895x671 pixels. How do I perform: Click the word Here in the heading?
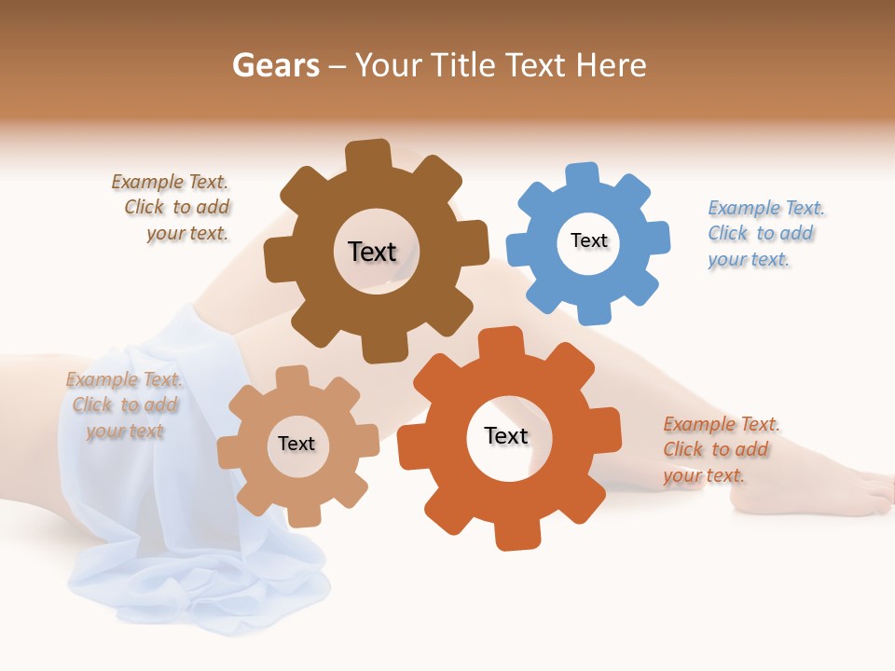(x=611, y=65)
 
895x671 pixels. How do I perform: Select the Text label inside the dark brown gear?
(x=372, y=252)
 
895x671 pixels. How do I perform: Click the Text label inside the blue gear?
(x=588, y=240)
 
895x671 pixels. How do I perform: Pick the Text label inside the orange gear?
(x=506, y=435)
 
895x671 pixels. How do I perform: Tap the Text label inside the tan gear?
(x=296, y=444)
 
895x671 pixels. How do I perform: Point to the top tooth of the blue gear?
(x=582, y=175)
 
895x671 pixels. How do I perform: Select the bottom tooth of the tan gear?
(x=302, y=514)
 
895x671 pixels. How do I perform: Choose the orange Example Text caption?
(x=720, y=449)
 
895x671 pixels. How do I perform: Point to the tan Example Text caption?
(x=124, y=404)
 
